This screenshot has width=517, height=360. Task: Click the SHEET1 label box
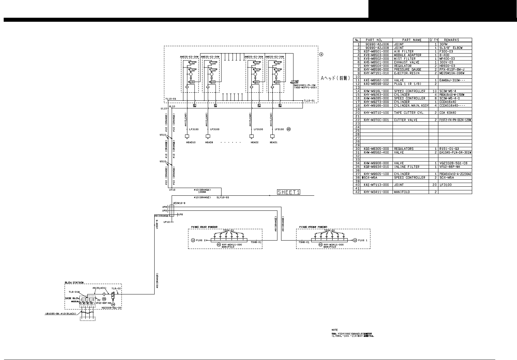pos(288,192)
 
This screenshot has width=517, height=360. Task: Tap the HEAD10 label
pos(191,142)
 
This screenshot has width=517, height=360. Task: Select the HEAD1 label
pos(274,142)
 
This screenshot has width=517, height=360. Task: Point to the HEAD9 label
pos(209,142)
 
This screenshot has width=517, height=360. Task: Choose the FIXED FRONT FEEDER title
pos(312,227)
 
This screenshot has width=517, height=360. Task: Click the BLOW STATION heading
pos(74,282)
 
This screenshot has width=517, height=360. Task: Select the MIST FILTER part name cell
pos(405,59)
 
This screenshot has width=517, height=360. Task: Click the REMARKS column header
pos(451,40)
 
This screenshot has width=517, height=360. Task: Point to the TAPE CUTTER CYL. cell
pos(409,113)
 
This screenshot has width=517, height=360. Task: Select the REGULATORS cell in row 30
pos(404,149)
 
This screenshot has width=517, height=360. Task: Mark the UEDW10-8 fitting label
pos(179,203)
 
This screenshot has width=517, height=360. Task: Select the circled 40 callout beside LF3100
pos(289,129)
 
